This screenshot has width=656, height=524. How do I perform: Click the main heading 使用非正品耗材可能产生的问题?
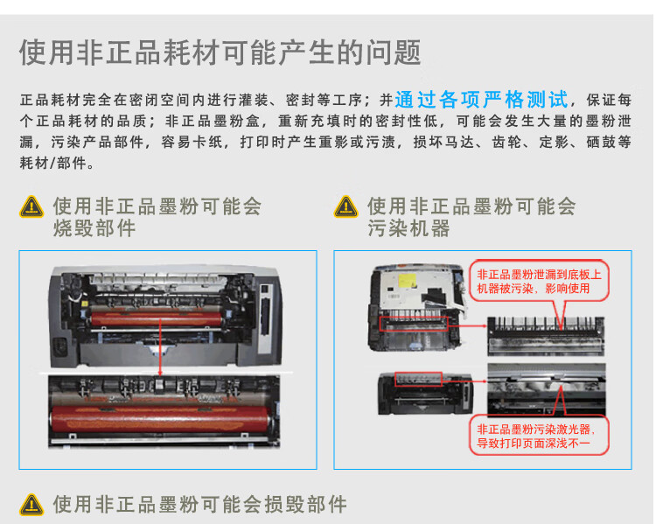click(x=220, y=52)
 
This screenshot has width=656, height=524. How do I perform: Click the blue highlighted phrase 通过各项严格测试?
click(x=481, y=99)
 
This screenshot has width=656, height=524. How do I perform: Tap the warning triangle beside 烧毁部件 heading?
click(x=31, y=208)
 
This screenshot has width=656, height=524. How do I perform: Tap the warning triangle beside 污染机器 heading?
click(x=346, y=208)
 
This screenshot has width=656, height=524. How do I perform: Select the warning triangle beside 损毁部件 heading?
click(x=31, y=504)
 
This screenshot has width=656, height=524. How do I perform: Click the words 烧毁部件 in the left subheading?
click(x=94, y=229)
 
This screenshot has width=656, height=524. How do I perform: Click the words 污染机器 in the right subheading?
click(x=409, y=229)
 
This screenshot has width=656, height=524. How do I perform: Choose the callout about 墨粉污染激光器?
click(x=534, y=436)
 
